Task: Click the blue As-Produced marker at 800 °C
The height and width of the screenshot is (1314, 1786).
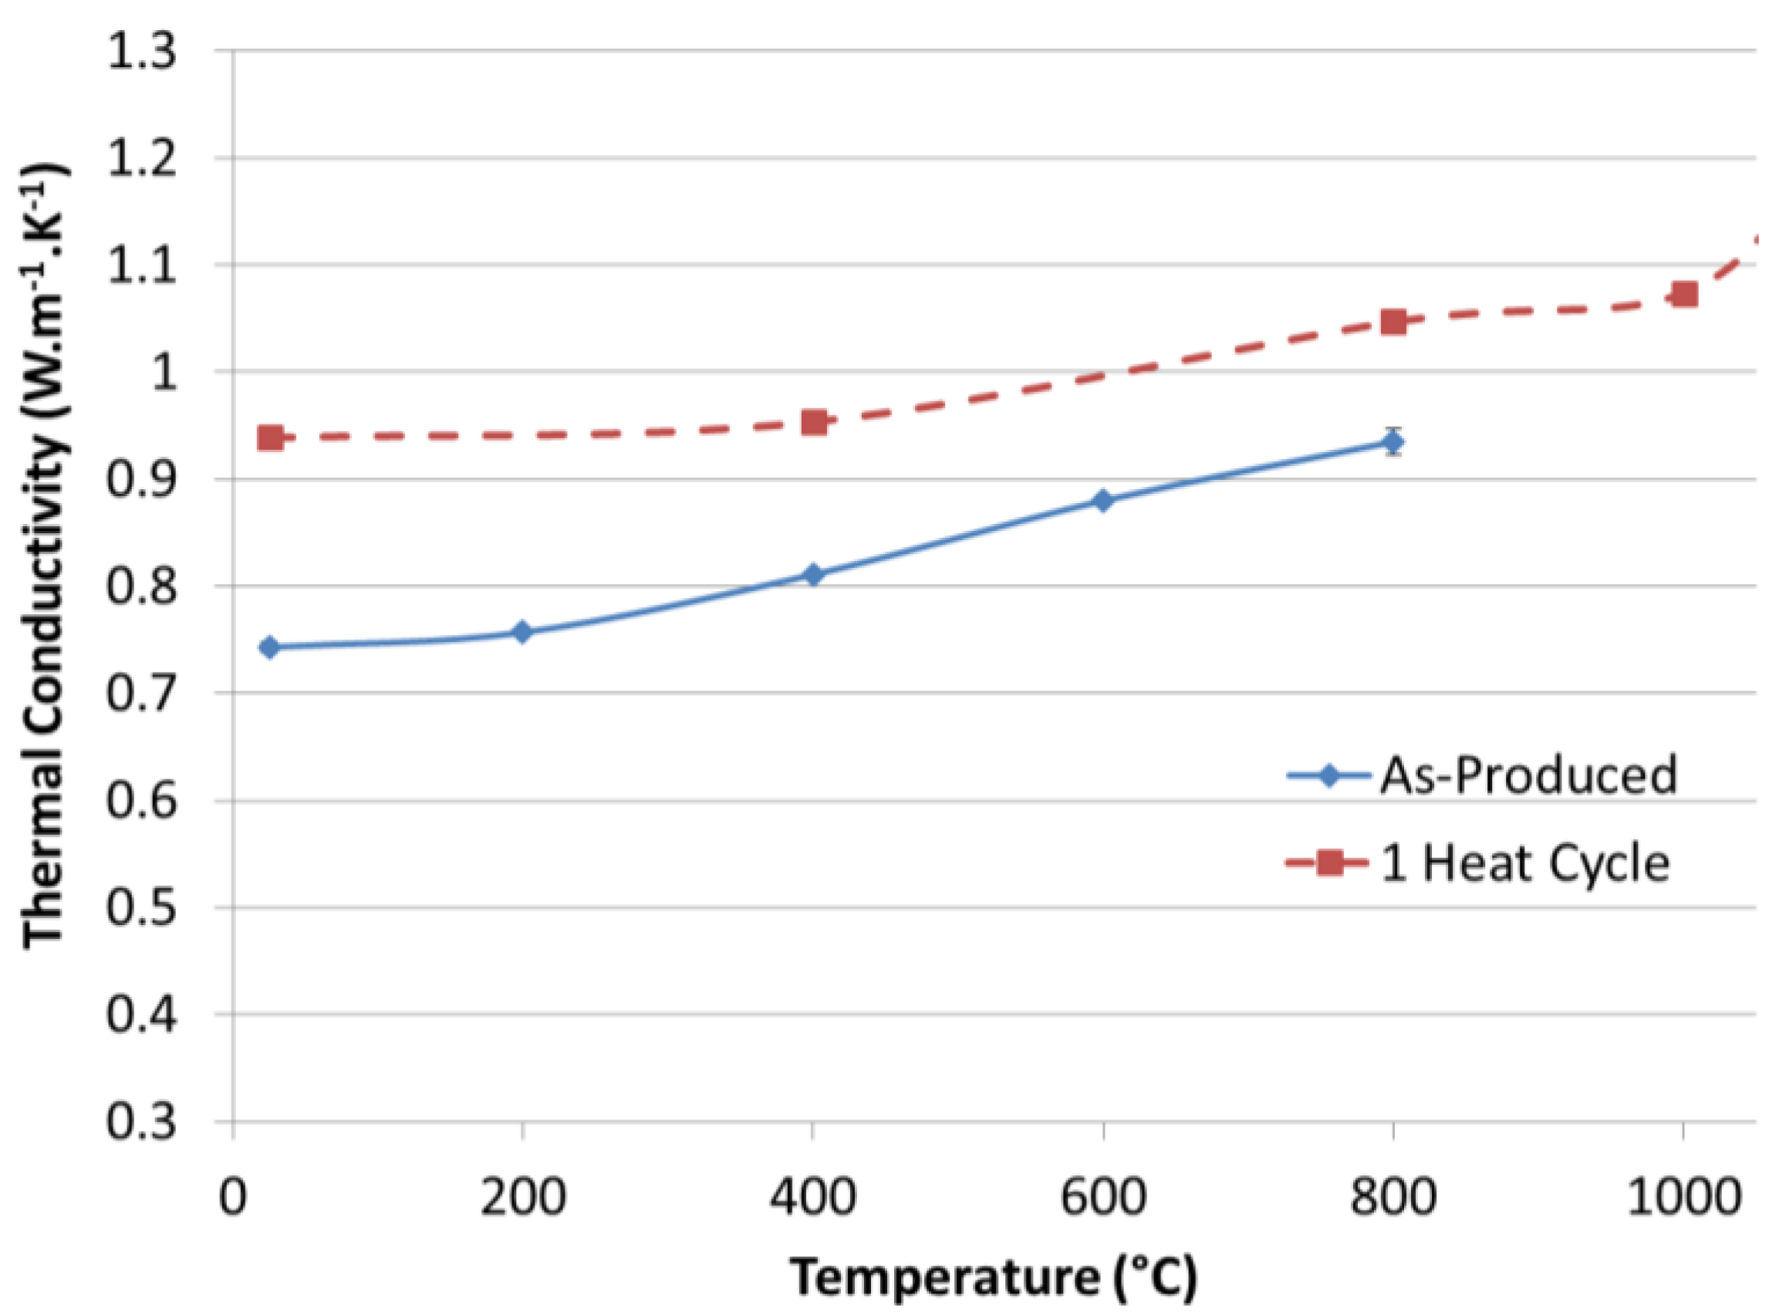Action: (1393, 441)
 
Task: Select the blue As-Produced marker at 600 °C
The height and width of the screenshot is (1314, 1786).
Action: (1103, 500)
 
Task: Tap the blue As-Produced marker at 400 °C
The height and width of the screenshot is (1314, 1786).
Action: (812, 574)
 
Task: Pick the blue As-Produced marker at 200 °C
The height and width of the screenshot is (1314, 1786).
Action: (522, 633)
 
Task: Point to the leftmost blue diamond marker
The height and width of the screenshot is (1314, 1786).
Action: (269, 647)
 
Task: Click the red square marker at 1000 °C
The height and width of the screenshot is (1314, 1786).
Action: (1684, 294)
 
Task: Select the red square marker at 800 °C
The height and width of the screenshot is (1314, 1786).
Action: (1393, 323)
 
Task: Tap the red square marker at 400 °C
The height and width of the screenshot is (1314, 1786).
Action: (813, 422)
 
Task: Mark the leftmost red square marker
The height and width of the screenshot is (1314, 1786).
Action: (270, 437)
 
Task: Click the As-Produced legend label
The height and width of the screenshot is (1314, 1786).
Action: (1528, 775)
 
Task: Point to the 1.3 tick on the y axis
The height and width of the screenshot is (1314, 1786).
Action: (141, 52)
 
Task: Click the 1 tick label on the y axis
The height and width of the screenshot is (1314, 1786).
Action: (164, 372)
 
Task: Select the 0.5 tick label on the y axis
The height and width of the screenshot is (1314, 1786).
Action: (141, 907)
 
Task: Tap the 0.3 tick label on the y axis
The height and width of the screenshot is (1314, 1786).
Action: (141, 1122)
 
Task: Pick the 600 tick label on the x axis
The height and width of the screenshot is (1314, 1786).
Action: (1103, 1197)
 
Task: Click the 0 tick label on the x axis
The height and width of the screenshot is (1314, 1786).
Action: (233, 1197)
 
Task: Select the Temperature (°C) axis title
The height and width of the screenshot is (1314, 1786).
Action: (993, 1279)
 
